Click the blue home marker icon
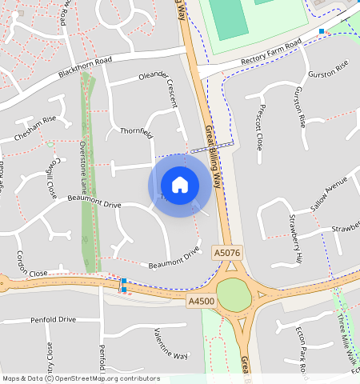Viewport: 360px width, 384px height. (180, 185)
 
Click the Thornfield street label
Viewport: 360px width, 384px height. (136, 132)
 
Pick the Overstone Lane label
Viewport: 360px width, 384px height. (83, 161)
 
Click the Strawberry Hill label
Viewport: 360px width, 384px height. (295, 239)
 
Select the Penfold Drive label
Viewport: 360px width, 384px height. (54, 319)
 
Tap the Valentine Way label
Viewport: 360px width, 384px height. (170, 343)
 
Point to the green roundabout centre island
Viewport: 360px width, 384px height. (234, 295)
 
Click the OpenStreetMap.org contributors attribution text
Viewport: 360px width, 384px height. (107, 378)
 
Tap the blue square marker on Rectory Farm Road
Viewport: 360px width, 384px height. (322, 31)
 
